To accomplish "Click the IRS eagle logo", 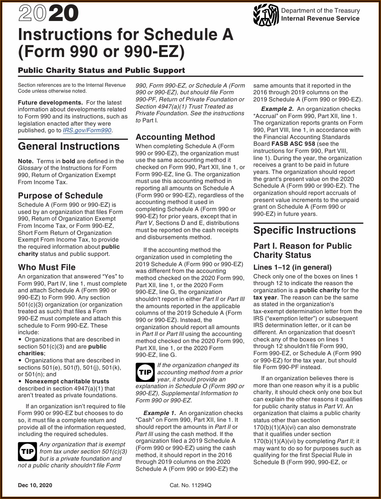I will (x=266, y=15).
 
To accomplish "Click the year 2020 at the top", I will (x=48, y=15).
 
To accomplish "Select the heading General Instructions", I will (x=69, y=146).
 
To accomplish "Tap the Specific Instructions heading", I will (x=304, y=230).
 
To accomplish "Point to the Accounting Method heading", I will (x=175, y=137).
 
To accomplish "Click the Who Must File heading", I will (x=46, y=267).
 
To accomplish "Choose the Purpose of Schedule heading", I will (x=60, y=196).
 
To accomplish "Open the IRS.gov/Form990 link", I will (x=87, y=130).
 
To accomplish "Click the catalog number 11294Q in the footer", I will (x=190, y=485).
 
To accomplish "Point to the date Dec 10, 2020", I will (x=35, y=485).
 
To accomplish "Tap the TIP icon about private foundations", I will (x=27, y=451).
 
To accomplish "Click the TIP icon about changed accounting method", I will (x=145, y=372).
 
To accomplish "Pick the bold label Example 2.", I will (x=277, y=109).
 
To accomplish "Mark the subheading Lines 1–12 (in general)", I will (x=292, y=267).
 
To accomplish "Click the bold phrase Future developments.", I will (x=50, y=102).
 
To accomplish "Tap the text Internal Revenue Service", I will (x=320, y=18).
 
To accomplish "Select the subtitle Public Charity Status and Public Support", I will (x=101, y=70).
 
